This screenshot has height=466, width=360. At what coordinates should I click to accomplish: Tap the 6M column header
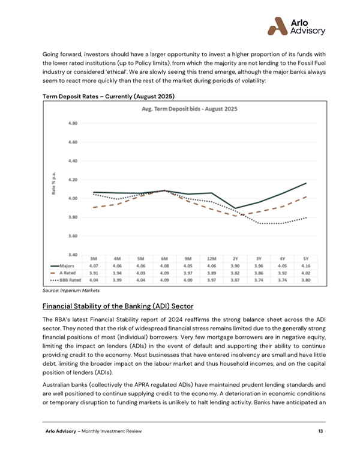click(164, 258)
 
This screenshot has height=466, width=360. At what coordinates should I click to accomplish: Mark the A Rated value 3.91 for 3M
click(94, 273)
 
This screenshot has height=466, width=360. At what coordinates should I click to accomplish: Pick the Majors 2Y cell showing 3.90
click(235, 265)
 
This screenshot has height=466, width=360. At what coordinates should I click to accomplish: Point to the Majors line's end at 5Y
click(306, 183)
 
